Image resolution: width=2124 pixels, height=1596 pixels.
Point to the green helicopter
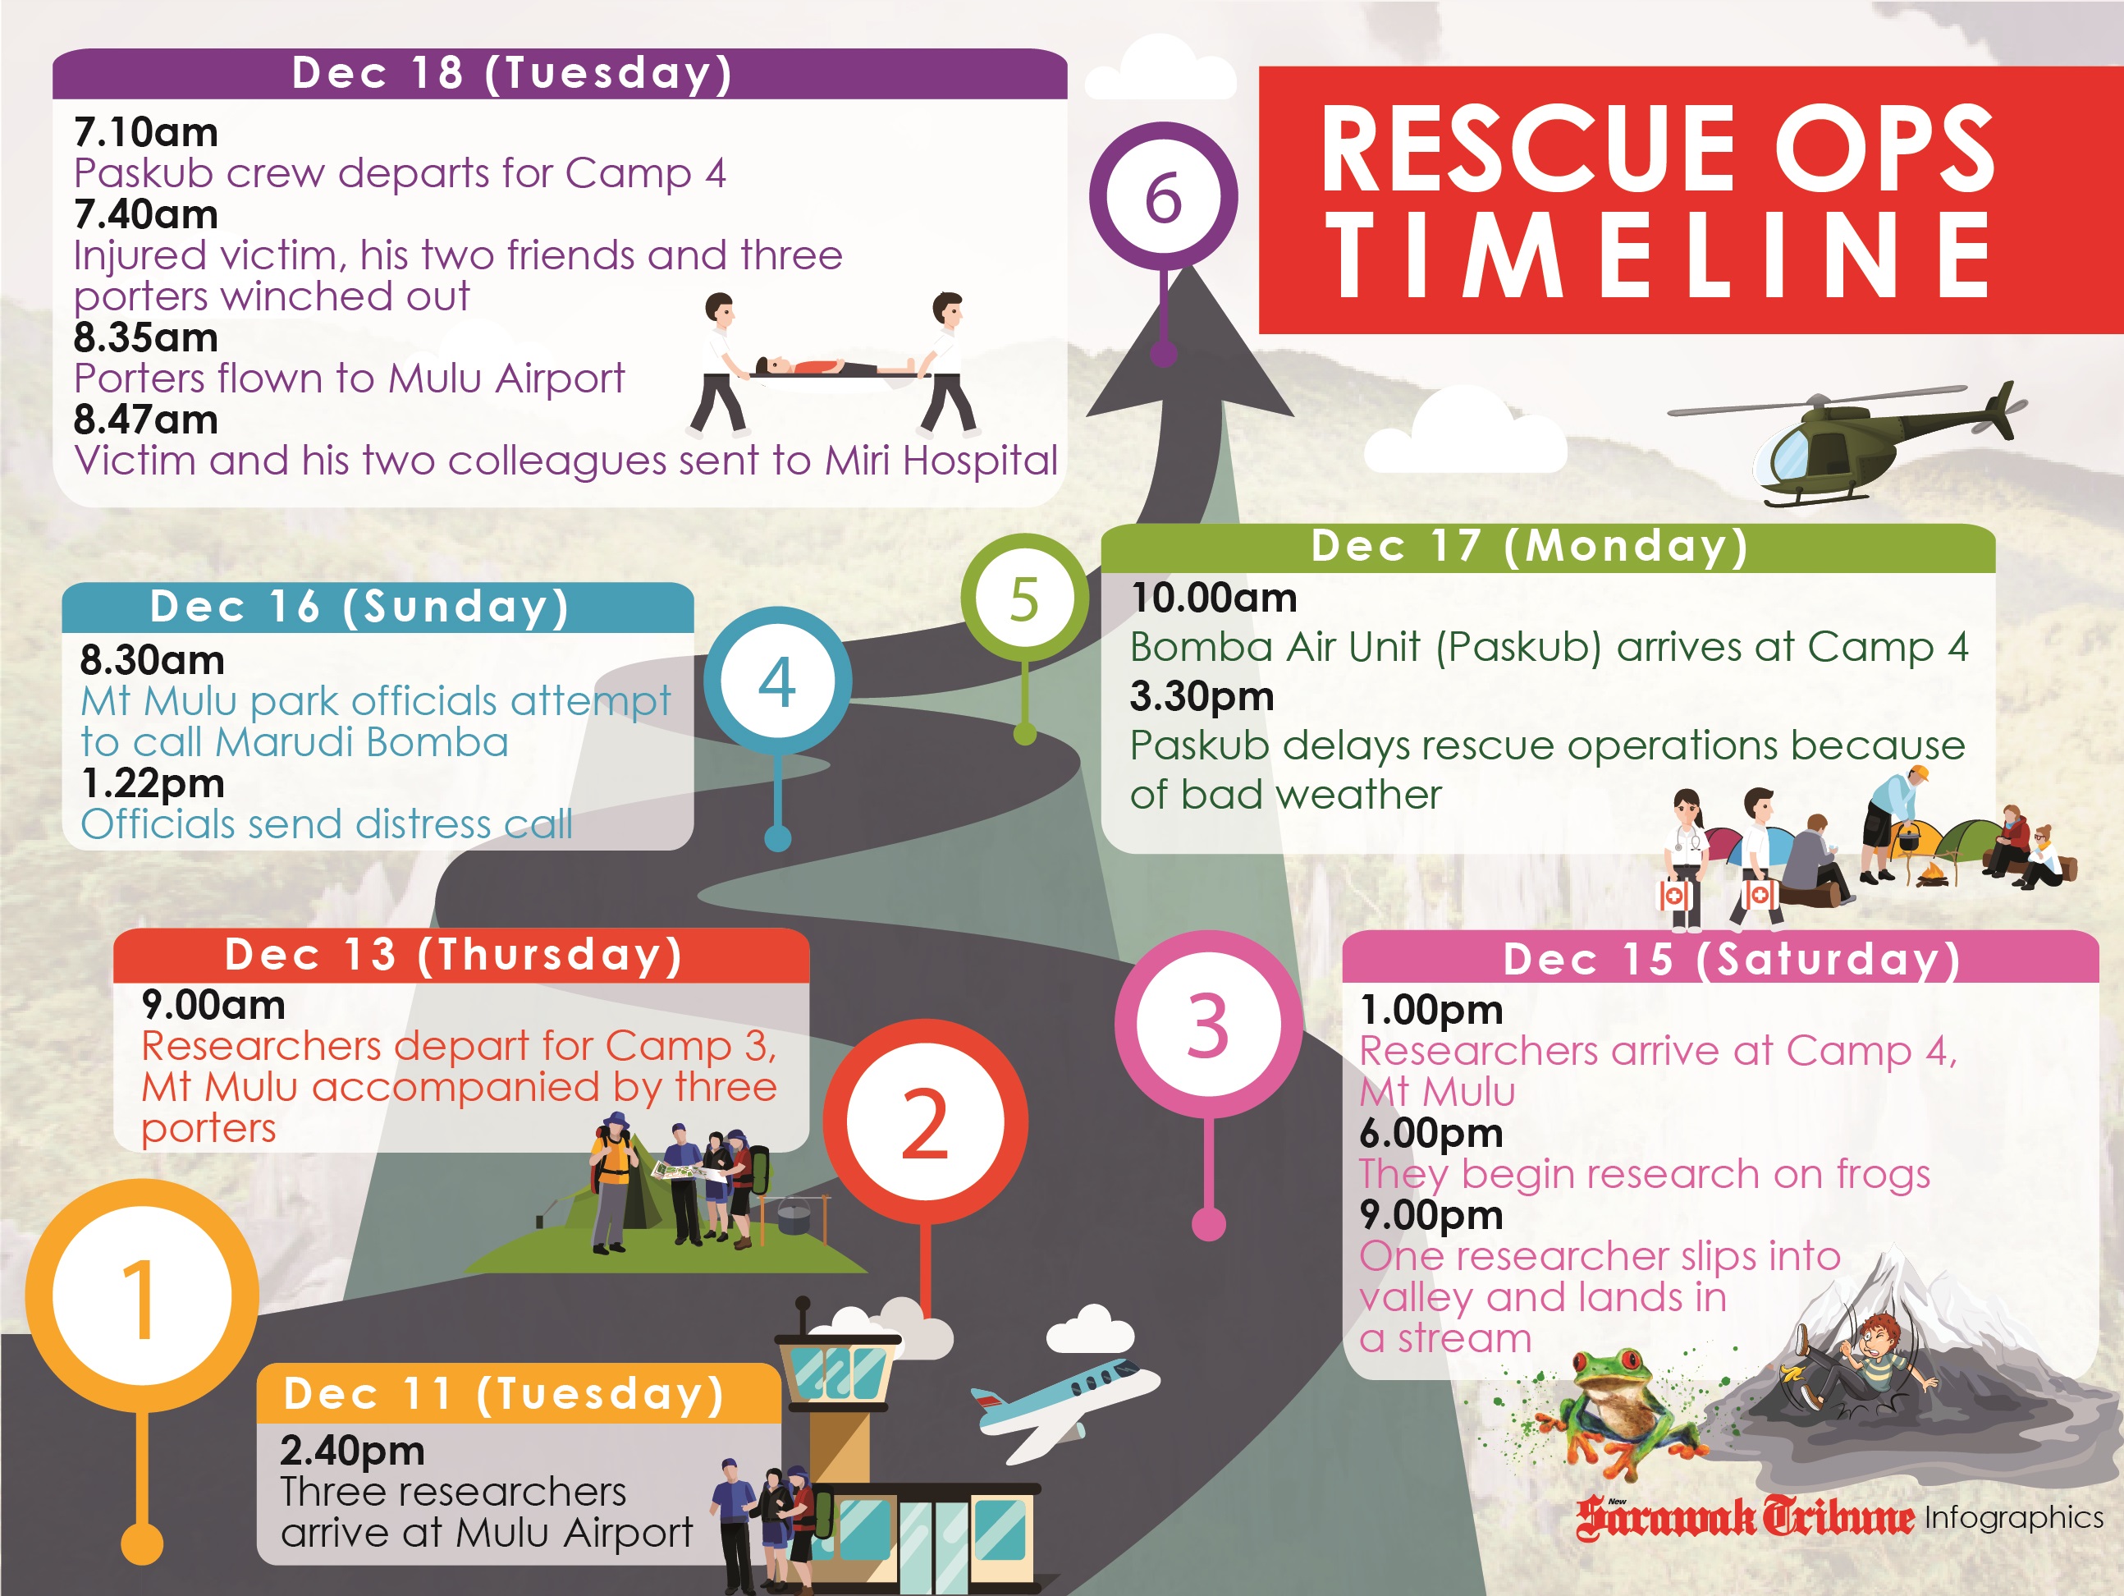[1848, 443]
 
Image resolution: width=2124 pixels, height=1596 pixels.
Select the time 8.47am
[146, 420]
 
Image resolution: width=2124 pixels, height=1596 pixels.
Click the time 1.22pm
[153, 783]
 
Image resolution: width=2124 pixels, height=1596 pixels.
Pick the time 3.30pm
[1202, 696]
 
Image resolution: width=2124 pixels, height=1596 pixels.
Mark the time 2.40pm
[352, 1451]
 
